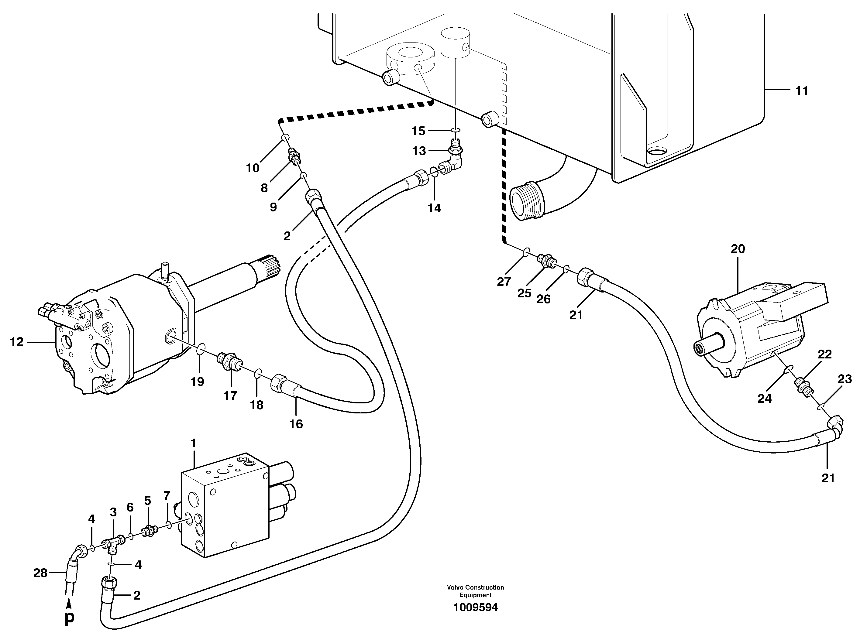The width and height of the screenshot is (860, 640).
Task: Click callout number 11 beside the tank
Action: (801, 91)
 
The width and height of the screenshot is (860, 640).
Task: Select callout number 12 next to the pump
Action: (17, 342)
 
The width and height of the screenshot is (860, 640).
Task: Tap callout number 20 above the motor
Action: (738, 249)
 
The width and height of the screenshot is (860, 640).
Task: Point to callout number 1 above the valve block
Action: (193, 443)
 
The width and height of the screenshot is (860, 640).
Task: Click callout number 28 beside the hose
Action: (40, 573)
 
